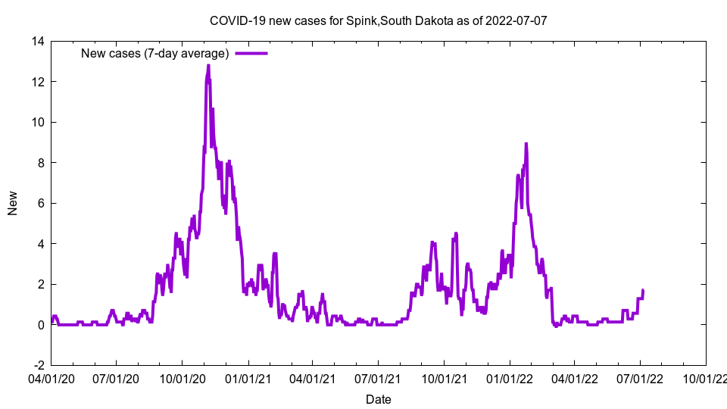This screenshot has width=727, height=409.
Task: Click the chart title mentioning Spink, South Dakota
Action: (378, 21)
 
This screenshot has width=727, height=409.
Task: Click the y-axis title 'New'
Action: (13, 203)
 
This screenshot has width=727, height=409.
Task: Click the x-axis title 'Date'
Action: (378, 399)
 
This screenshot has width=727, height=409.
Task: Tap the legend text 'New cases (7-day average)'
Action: (154, 53)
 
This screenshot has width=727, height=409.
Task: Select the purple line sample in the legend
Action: (251, 53)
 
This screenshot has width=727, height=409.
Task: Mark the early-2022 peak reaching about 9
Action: (526, 143)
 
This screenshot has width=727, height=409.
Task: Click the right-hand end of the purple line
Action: (643, 290)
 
